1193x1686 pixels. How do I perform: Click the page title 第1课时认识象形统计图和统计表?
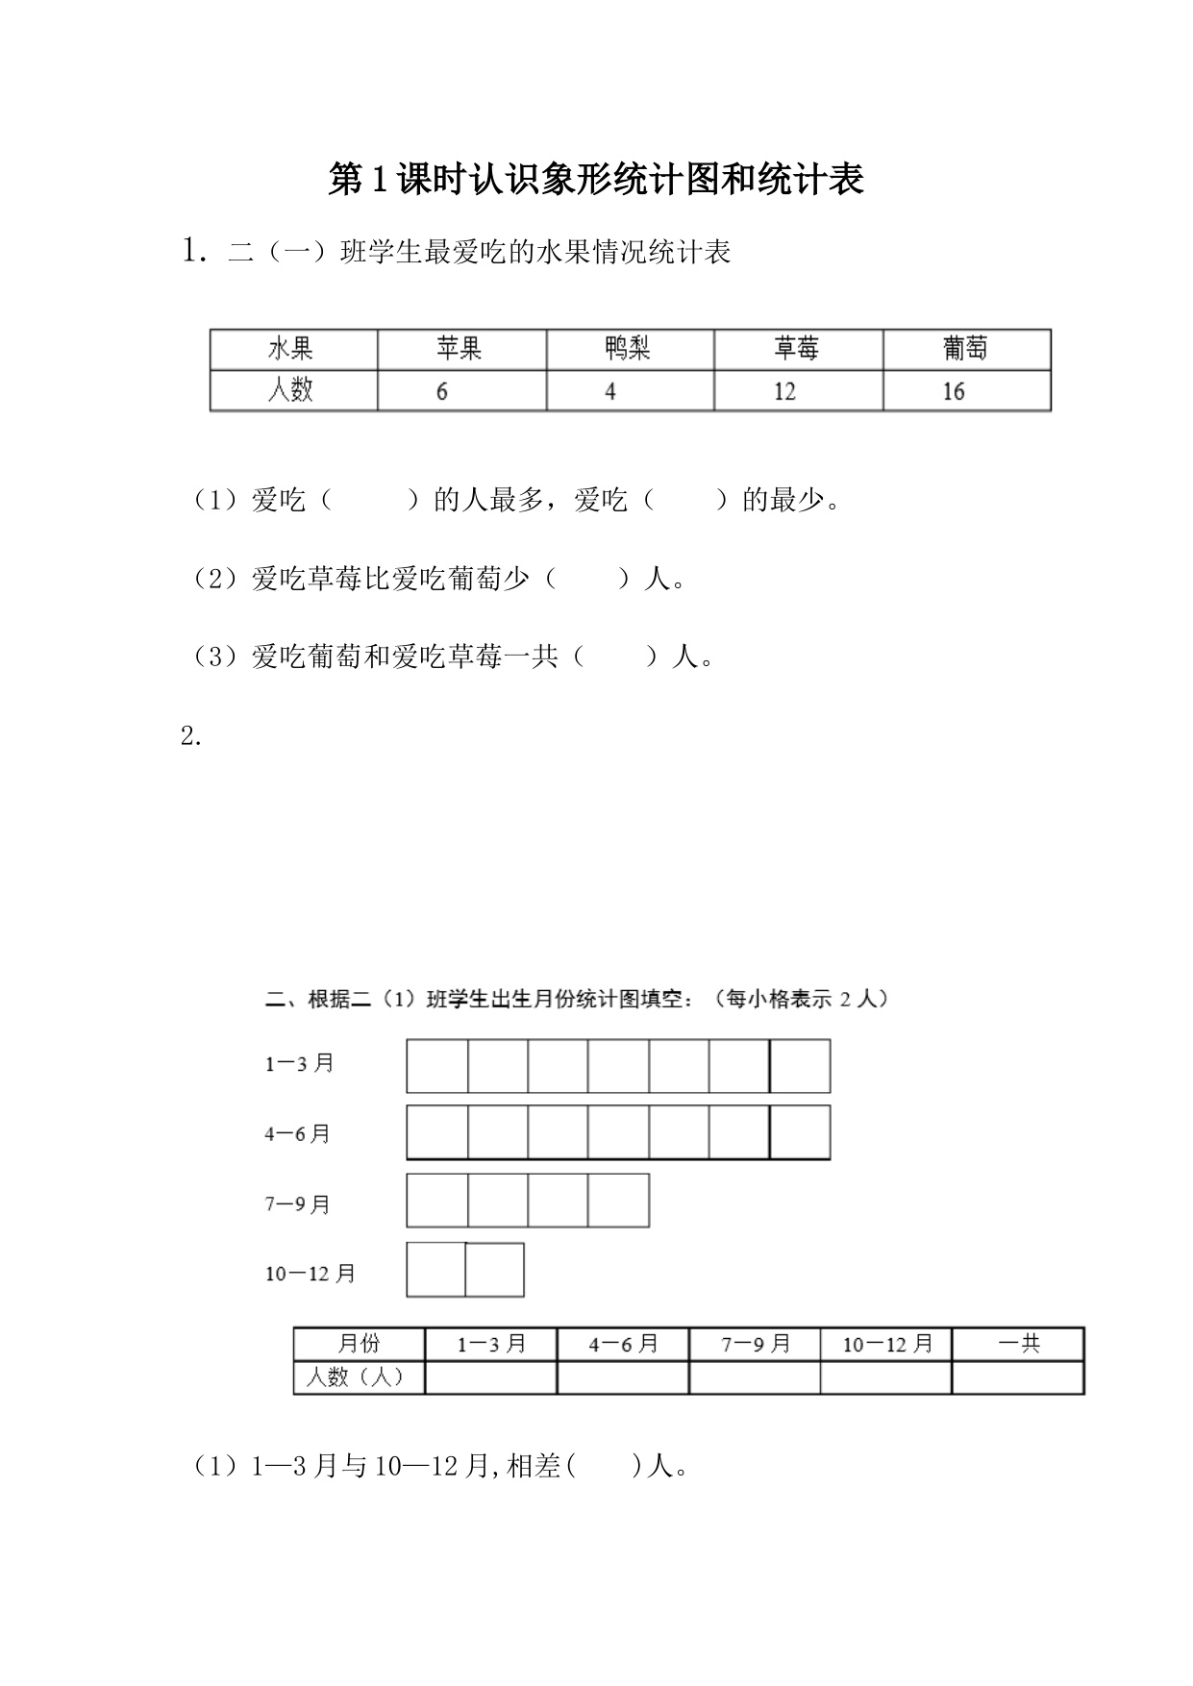[596, 180]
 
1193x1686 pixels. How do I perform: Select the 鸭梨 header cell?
[629, 349]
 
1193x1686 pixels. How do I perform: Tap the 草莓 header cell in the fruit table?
[797, 349]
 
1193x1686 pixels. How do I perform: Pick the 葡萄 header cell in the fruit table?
[965, 349]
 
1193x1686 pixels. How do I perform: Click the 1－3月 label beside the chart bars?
[299, 1064]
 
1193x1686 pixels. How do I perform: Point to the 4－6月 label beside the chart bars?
[298, 1134]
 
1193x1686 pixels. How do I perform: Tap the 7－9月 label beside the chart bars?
[298, 1204]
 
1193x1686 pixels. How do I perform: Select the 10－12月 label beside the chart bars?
[311, 1274]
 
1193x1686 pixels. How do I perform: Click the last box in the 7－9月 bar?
[618, 1201]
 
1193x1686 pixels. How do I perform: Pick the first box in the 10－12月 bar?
[436, 1270]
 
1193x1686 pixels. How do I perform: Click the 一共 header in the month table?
[1018, 1344]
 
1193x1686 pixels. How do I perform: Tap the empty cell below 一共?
[1018, 1377]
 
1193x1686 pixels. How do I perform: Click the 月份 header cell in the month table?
[359, 1344]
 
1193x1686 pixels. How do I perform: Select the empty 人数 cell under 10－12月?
[886, 1377]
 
